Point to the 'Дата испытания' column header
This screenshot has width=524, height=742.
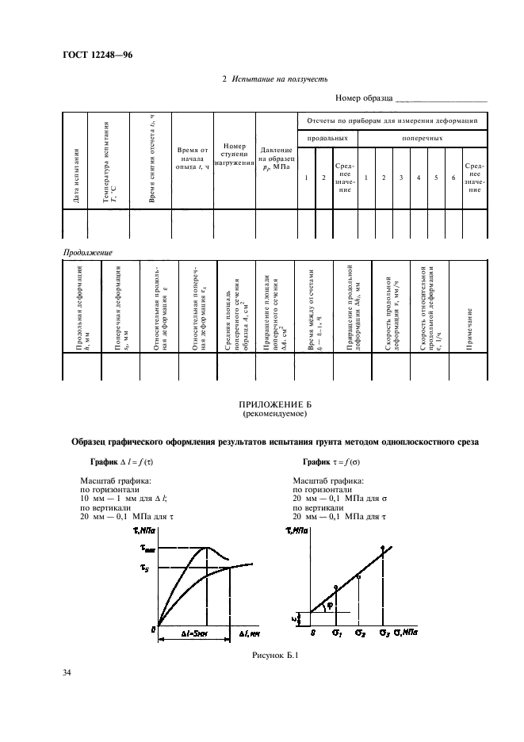76,175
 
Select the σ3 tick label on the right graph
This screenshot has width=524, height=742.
384,632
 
